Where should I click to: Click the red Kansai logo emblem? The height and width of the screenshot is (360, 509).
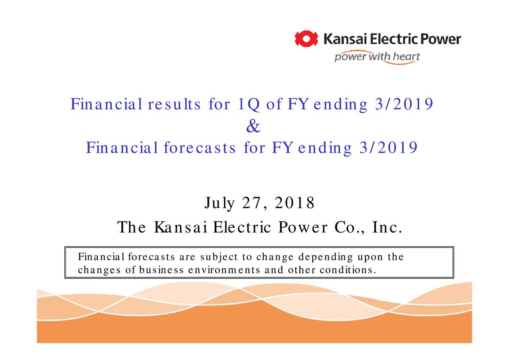[x=306, y=39]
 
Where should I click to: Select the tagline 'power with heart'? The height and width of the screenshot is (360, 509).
[x=377, y=57]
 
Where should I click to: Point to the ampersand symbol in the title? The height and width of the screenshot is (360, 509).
[x=253, y=127]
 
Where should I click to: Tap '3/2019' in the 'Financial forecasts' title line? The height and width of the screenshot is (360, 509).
[x=388, y=148]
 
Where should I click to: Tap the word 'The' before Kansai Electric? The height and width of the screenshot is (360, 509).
[x=132, y=228]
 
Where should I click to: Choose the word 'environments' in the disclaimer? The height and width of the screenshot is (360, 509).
[x=224, y=270]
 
